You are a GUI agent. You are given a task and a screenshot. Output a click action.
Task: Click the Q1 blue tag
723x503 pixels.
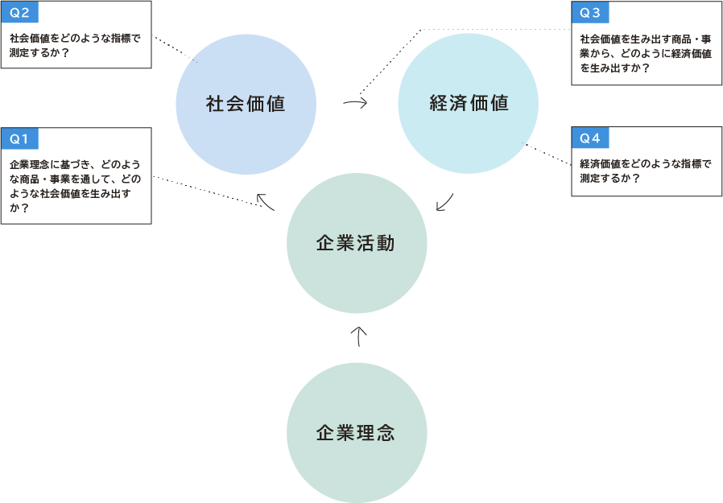pos(19,138)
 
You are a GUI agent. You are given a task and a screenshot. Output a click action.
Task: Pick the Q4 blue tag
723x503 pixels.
pos(590,138)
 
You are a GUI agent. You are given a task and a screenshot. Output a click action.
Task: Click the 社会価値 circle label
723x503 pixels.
pos(246,104)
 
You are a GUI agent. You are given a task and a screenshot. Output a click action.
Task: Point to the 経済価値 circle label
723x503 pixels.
pos(469,104)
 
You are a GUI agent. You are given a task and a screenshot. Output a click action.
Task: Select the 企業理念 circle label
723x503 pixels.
pos(356,433)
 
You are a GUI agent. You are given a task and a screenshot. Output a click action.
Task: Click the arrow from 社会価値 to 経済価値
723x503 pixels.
pos(355,103)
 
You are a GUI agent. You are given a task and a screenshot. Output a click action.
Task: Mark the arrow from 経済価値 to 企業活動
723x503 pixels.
pos(445,202)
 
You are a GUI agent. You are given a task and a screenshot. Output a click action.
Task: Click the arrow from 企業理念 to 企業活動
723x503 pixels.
pos(360,336)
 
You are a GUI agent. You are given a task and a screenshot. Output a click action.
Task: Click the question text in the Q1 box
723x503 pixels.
pos(75,186)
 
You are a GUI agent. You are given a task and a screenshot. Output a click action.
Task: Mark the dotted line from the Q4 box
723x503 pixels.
pos(547,155)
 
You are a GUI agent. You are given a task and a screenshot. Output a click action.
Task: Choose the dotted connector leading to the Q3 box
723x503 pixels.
pos(483,30)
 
